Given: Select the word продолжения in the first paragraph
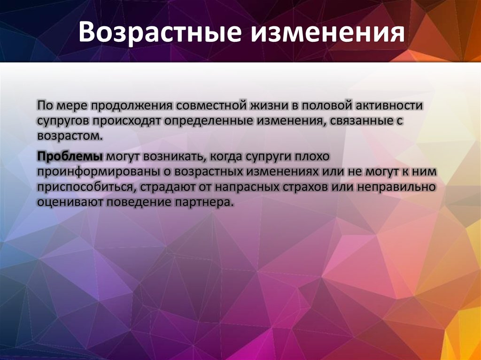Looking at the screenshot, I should (132, 105).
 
